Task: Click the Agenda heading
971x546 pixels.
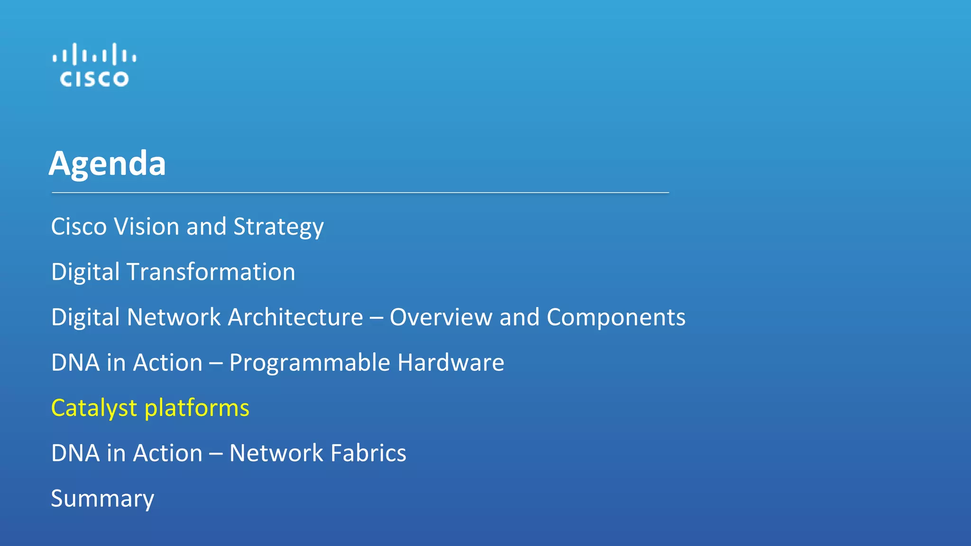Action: (107, 164)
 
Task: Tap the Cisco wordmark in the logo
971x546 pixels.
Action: (94, 79)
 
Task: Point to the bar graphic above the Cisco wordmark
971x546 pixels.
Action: (94, 54)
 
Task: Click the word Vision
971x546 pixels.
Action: (147, 227)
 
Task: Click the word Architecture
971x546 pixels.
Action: (295, 317)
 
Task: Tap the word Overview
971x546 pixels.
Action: (440, 317)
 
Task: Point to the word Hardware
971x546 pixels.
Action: (450, 363)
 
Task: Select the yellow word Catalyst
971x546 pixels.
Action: (94, 409)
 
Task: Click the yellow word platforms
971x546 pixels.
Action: (197, 409)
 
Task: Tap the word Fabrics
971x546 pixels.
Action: (368, 453)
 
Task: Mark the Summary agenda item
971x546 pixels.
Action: (102, 499)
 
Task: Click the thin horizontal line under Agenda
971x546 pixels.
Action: (360, 193)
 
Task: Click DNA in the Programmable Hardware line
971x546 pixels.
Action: (75, 363)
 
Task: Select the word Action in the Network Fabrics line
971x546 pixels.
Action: (168, 453)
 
